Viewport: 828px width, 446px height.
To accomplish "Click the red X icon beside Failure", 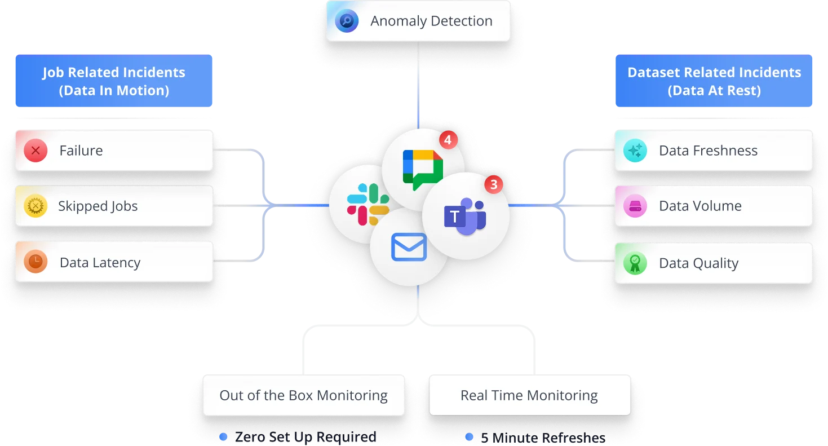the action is pyautogui.click(x=36, y=151).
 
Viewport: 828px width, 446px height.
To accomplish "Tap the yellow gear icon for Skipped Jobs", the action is pyautogui.click(x=36, y=206).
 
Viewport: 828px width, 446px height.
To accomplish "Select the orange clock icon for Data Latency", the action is pyautogui.click(x=36, y=262).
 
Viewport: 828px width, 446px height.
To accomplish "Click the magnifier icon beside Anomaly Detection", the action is pyautogui.click(x=347, y=21).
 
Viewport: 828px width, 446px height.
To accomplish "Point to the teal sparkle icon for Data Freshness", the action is pyautogui.click(x=635, y=151).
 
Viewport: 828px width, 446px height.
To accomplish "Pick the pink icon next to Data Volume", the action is pyautogui.click(x=635, y=206).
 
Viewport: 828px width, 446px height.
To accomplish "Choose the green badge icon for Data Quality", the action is pyautogui.click(x=635, y=263).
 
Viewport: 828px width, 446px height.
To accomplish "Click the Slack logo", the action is pyautogui.click(x=367, y=204).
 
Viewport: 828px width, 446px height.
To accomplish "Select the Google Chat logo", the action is pyautogui.click(x=423, y=169).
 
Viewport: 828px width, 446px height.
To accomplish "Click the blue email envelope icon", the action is pyautogui.click(x=409, y=248).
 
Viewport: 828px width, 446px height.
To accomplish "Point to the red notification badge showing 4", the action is pyautogui.click(x=448, y=140).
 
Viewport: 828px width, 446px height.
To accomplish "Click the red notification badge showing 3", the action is pyautogui.click(x=494, y=184).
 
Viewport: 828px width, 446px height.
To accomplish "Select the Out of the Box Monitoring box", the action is pyautogui.click(x=303, y=396).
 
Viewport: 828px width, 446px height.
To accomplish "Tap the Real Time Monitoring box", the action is pyautogui.click(x=529, y=396).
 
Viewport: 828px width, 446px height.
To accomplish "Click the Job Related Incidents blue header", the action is pyautogui.click(x=114, y=81).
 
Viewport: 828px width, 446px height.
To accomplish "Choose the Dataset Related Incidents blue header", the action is pyautogui.click(x=714, y=81).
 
